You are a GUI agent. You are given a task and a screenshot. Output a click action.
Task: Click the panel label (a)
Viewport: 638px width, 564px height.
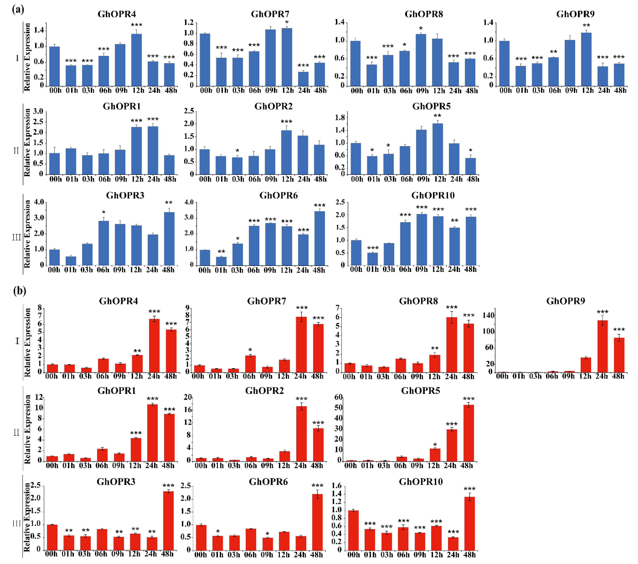tap(18, 9)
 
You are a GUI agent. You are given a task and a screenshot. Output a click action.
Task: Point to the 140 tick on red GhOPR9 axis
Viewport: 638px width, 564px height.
tap(489, 315)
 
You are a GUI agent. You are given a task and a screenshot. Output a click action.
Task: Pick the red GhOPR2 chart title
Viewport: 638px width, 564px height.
tap(264, 390)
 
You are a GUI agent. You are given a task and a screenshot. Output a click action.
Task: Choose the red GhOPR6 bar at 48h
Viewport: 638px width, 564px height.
tap(317, 522)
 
